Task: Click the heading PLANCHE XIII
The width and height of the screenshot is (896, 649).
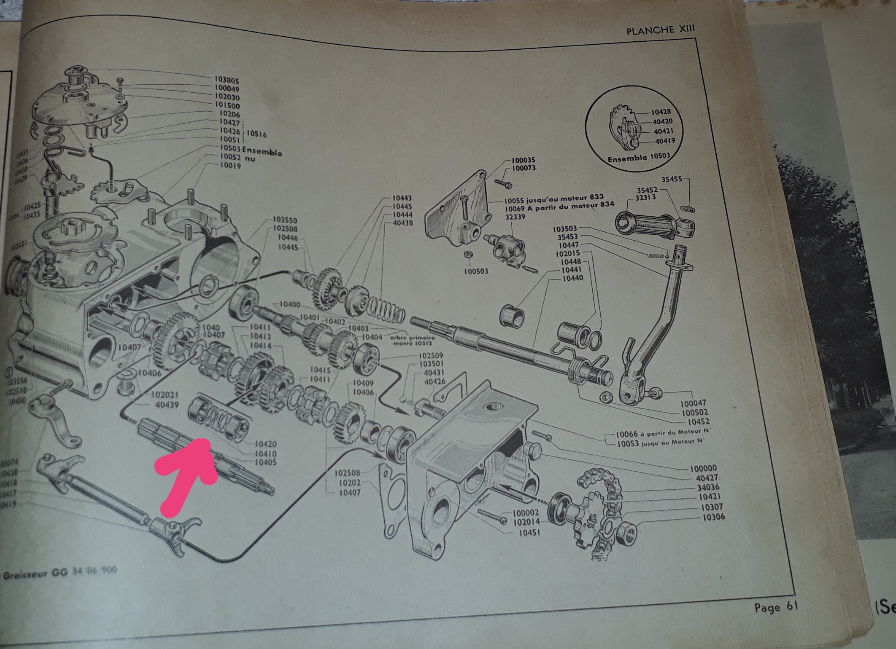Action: coord(660,31)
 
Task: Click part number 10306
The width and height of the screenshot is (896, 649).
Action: coord(712,517)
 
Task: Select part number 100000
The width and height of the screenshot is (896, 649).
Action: coord(703,468)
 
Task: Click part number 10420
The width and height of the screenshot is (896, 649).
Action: coord(265,444)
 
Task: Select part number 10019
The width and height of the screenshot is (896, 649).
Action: coord(230,166)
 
